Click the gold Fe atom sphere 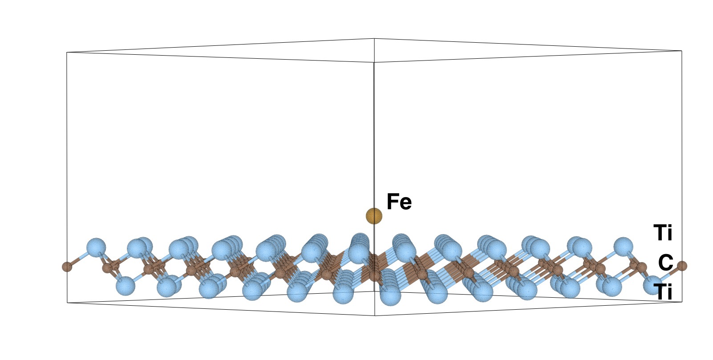coord(374,216)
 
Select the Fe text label coord(399,202)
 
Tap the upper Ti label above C coord(663,233)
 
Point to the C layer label coord(665,263)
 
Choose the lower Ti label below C coord(663,292)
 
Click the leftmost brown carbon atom coord(66,267)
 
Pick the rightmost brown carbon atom coord(682,266)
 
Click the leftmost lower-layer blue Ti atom coord(125,286)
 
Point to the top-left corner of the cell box coord(67,53)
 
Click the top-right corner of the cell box coord(682,51)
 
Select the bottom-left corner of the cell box coord(67,303)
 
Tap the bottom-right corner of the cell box coord(682,302)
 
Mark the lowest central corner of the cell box coord(375,316)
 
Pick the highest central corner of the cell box coord(374,39)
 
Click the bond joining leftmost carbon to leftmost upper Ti coord(81,258)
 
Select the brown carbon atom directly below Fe coord(374,273)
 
